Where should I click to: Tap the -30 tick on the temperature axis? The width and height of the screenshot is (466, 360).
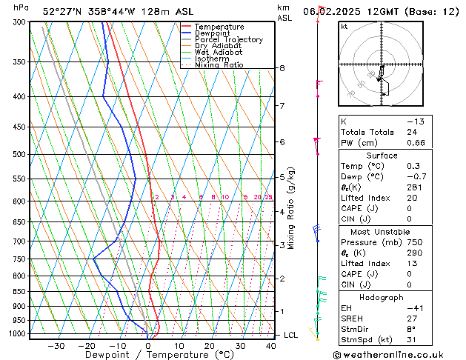pos(56,345)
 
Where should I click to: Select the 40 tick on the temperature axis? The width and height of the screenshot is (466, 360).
pos(271,345)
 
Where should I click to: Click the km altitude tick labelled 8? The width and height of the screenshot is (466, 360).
pos(282,68)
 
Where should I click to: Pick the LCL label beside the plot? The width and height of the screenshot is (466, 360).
pos(292,335)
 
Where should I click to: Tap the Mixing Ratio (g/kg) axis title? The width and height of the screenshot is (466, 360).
pos(292,208)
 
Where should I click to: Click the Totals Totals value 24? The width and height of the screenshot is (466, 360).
pos(412,132)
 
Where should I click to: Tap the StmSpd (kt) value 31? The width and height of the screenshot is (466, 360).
pos(412,340)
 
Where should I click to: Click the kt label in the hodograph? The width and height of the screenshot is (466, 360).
pos(344,26)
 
